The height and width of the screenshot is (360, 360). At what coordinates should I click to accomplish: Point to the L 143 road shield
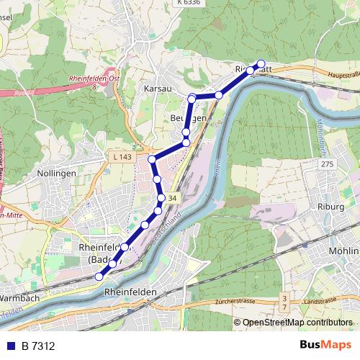(122, 156)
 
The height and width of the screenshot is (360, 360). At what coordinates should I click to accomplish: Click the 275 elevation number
(328, 165)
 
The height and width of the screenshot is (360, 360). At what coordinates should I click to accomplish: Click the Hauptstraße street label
(343, 75)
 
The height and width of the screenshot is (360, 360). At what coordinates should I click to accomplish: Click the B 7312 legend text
(38, 346)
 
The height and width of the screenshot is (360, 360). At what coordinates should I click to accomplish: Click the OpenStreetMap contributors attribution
(297, 323)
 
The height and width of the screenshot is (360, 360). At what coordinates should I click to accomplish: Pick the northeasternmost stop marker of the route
(261, 63)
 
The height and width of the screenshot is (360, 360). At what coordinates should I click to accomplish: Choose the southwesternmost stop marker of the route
(99, 276)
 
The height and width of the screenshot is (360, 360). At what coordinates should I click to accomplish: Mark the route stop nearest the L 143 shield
(152, 158)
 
